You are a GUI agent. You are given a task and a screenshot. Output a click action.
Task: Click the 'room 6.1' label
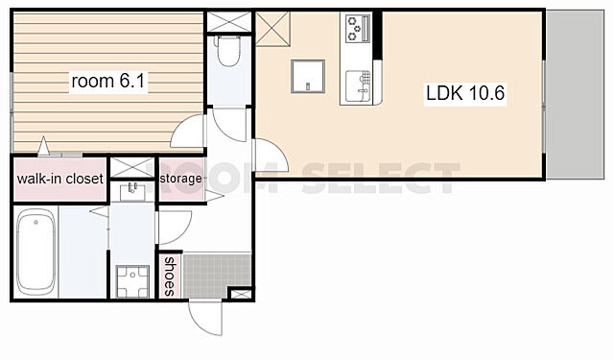coord(108,81)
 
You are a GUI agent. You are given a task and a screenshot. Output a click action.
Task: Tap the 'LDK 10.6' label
coord(465,93)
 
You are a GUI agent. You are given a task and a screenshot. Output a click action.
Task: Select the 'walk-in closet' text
coord(59,179)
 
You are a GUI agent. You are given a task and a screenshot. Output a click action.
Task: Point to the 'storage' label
coord(181,179)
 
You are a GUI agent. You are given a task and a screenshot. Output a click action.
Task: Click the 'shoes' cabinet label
coord(170,276)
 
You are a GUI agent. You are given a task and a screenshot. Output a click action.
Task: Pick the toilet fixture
coord(228,51)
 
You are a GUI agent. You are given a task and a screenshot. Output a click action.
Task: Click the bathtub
coord(35,252)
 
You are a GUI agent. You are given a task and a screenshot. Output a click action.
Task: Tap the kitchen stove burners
coord(358,28)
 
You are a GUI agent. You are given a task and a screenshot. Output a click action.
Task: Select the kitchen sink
coord(359,85)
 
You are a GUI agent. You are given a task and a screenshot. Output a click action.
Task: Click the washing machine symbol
coord(132,281)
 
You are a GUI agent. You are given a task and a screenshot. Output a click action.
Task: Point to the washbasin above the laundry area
coord(132,192)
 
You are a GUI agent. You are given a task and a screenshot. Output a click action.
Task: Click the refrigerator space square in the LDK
coord(308,77)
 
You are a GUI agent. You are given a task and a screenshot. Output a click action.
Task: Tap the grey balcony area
coord(576,95)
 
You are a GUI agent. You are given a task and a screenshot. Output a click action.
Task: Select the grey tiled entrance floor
coord(217,276)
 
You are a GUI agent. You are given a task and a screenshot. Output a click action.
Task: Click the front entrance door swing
coord(205,318)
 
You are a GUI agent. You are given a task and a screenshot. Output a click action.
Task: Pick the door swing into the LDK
coord(271,156)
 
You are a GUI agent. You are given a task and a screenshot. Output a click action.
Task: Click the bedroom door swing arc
coord(187,132)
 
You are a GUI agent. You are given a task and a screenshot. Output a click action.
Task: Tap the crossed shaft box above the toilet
coord(228,21)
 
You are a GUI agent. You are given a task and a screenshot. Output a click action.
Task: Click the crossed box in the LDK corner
coord(272,29)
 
